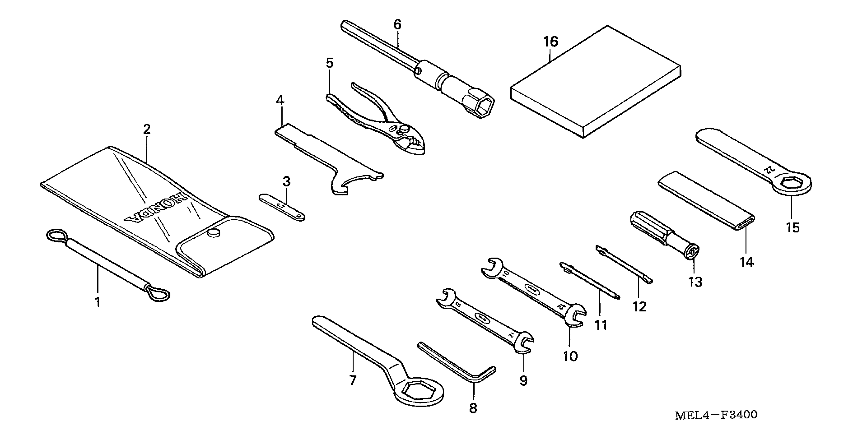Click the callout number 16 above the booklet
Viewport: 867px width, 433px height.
pyautogui.click(x=551, y=42)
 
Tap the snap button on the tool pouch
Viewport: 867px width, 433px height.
pyautogui.click(x=213, y=233)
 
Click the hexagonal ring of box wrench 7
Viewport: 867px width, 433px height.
pyautogui.click(x=418, y=392)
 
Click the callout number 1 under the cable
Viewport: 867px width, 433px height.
pyautogui.click(x=98, y=302)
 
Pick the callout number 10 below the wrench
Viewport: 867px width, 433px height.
pyautogui.click(x=570, y=357)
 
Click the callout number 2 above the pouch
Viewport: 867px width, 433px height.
pyautogui.click(x=146, y=129)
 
